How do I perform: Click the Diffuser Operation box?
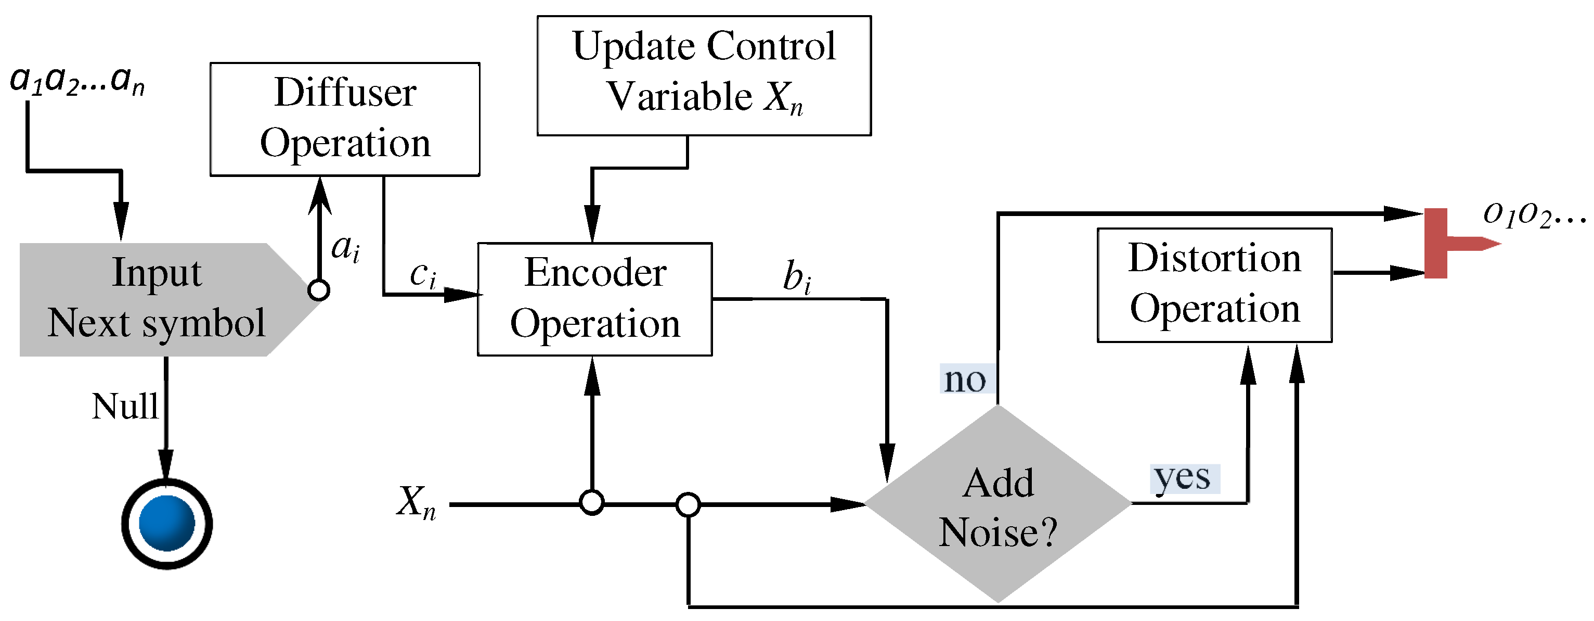coord(345,119)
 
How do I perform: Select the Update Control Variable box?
coord(704,75)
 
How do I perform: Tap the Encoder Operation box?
coord(594,299)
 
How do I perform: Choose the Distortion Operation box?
coord(1214,285)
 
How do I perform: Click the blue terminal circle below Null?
coord(166,523)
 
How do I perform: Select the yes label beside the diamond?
coord(1183,478)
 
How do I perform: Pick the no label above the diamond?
coord(965,379)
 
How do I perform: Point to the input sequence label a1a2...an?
coord(77,81)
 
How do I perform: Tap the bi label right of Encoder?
coord(797,276)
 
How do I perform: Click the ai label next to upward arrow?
coord(345,249)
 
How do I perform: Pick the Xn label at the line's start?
coord(417,501)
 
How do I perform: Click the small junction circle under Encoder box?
coord(592,503)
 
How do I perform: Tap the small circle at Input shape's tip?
coord(319,290)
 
